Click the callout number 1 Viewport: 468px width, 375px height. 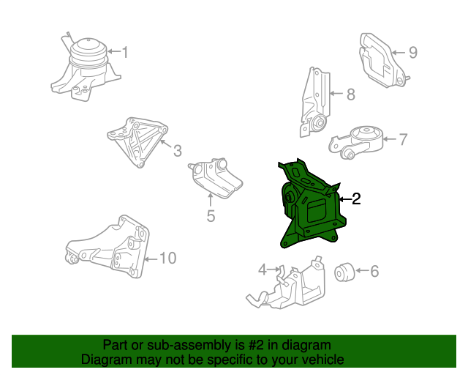[x=124, y=52]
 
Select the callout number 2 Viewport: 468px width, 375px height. [x=356, y=198]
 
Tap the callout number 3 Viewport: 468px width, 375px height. [x=177, y=151]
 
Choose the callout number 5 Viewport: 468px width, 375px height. [x=210, y=215]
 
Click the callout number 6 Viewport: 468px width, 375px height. [x=374, y=272]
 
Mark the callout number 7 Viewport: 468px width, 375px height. [x=403, y=138]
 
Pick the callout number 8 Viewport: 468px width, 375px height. [x=350, y=94]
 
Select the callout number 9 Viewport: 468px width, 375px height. [x=412, y=52]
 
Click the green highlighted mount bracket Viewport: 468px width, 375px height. [x=307, y=209]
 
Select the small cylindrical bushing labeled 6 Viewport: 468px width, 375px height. [x=344, y=272]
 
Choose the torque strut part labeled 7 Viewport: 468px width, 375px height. [x=361, y=141]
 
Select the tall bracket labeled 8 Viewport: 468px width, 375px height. [x=314, y=103]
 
